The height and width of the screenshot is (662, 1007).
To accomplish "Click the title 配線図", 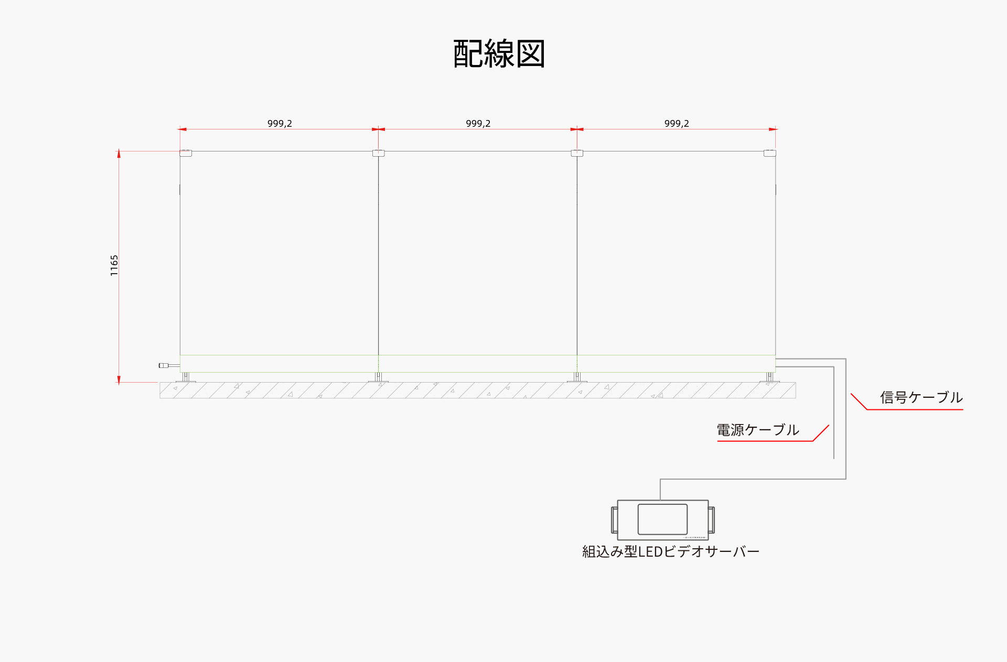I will coord(499,53).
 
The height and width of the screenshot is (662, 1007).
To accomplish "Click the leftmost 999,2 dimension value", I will coord(280,124).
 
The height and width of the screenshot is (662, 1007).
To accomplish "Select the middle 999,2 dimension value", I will coord(478,124).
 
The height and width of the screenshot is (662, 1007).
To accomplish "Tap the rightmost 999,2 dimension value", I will coord(677,124).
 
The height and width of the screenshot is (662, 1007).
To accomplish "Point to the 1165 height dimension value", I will coord(114,266).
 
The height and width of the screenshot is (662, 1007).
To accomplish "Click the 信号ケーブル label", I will coord(921,398).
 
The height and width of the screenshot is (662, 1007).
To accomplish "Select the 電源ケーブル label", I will coord(758,430).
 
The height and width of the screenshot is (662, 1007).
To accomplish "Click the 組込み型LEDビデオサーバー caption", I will coord(670,552).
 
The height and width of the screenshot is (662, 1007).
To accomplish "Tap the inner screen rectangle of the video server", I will coord(662,519).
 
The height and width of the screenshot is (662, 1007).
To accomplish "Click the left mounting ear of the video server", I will coord(614,519).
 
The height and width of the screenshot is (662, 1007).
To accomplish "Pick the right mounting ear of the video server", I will coord(711,519).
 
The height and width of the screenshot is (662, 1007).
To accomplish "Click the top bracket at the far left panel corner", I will coord(186,153).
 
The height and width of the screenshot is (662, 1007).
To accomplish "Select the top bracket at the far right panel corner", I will coord(769,153).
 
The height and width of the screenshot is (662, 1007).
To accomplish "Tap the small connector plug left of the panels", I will coord(164,365).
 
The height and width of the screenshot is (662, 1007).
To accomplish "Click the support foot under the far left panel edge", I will coord(186,377).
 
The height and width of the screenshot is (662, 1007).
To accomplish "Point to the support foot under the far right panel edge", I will coord(769,377).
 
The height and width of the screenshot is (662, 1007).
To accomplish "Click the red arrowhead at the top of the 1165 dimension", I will coord(119,154).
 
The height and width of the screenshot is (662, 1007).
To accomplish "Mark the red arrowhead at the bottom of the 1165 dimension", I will coord(119,380).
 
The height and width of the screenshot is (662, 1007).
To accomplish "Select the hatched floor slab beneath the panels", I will coord(477,390).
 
